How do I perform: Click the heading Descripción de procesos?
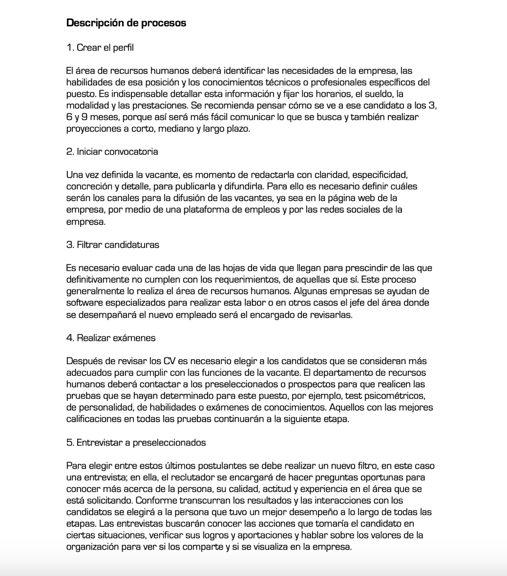(x=126, y=23)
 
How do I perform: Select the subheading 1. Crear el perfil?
(x=100, y=47)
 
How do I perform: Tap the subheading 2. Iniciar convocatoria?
(x=112, y=151)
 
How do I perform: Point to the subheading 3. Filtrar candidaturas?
(x=112, y=245)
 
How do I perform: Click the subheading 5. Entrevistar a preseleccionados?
(x=136, y=443)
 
